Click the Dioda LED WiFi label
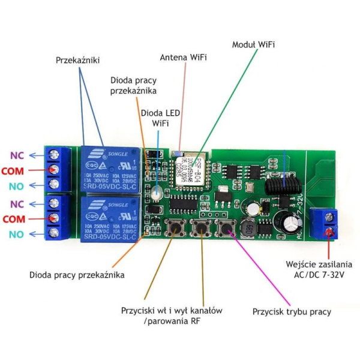(x=160, y=118)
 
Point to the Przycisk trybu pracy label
(x=292, y=312)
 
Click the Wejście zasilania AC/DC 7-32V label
(x=319, y=269)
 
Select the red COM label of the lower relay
(x=13, y=219)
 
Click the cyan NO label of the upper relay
(x=16, y=186)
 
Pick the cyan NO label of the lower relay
(x=16, y=234)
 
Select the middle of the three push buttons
(x=200, y=229)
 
